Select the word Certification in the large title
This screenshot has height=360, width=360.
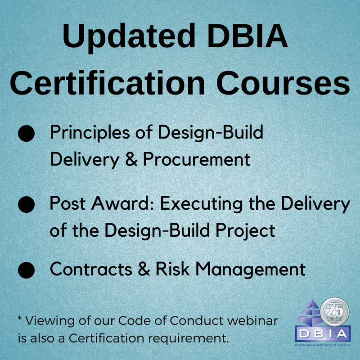[107, 83]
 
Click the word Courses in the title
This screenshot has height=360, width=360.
[283, 83]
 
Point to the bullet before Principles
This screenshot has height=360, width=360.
[27, 133]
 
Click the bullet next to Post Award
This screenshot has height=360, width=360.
[27, 204]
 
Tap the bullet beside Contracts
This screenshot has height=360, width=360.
[27, 270]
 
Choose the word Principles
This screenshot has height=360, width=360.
[90, 133]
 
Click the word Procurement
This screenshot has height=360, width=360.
[197, 159]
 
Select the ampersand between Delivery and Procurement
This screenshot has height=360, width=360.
[131, 159]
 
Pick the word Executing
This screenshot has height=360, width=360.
[201, 204]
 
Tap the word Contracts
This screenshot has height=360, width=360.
[91, 269]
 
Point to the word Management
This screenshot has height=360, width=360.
[250, 270]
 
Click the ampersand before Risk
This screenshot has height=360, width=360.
[144, 269]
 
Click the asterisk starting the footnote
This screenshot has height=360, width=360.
[20, 319]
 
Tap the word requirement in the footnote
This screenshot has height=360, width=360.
[188, 339]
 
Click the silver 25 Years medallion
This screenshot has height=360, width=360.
[334, 312]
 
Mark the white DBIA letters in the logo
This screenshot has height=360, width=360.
[323, 333]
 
